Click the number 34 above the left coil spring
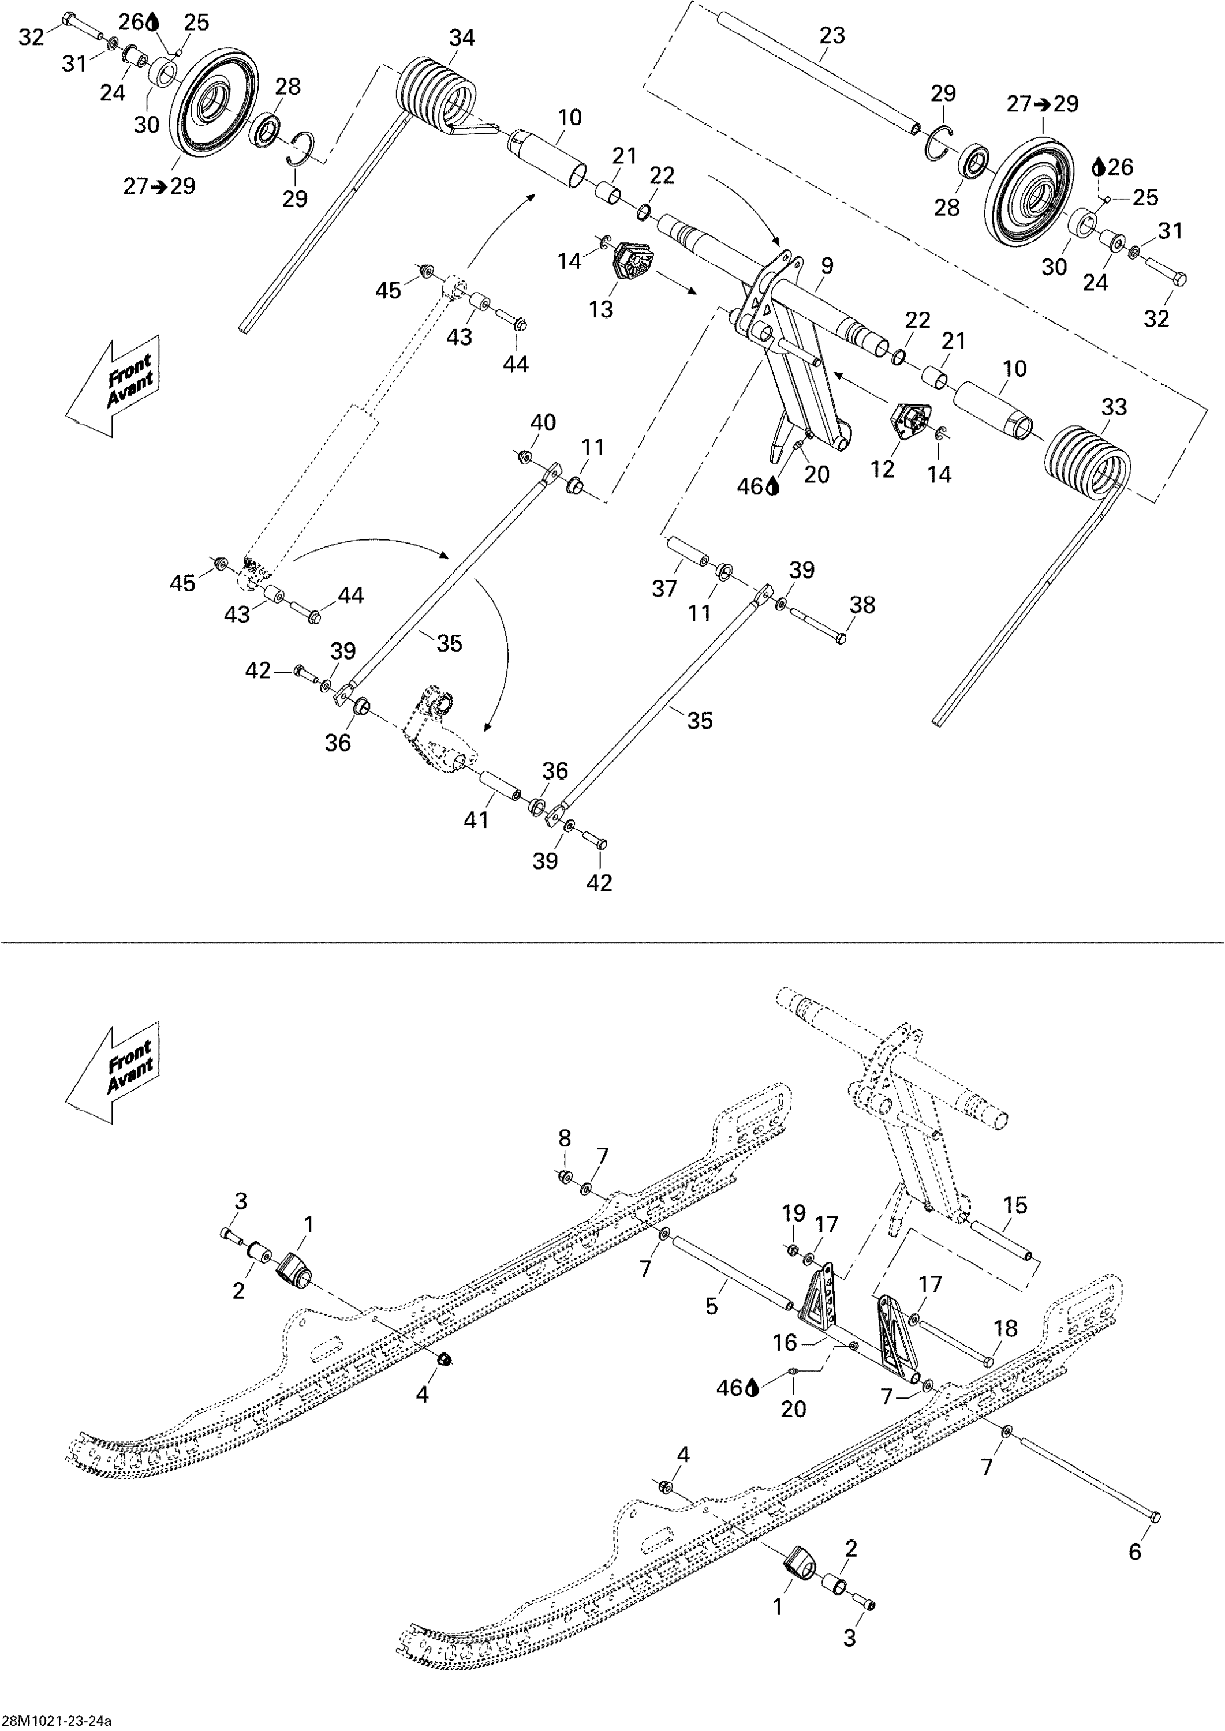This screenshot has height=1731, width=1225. (462, 38)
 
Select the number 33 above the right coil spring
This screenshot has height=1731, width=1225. (1114, 407)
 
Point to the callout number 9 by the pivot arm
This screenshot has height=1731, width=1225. (827, 265)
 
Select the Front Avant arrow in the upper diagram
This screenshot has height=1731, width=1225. (113, 385)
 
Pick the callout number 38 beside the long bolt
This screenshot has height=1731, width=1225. (862, 605)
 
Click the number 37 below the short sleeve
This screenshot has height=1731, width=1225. (664, 588)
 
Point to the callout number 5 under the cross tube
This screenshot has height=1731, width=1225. (711, 1306)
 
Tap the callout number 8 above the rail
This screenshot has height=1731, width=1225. (564, 1138)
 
